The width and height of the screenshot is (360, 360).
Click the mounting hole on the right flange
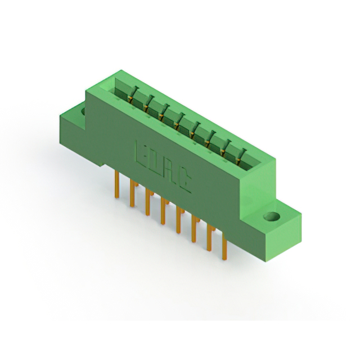click(x=272, y=216)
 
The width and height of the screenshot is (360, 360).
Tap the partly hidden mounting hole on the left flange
click(x=84, y=112)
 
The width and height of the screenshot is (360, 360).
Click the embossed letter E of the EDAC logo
click(x=140, y=152)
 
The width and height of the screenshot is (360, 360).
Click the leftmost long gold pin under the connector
click(x=117, y=184)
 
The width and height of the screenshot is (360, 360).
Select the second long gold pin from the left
click(x=132, y=193)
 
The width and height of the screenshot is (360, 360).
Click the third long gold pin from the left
click(x=147, y=202)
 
